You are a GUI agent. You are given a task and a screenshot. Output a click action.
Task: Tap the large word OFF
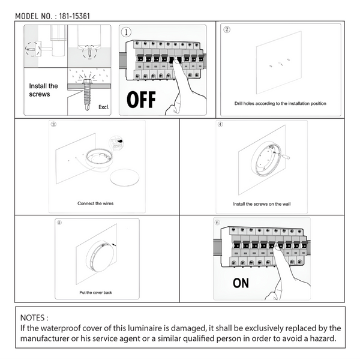pos(141,99)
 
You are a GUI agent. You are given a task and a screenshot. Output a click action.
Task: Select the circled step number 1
pos(126,32)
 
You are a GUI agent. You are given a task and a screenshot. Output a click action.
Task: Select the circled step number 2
pos(226,29)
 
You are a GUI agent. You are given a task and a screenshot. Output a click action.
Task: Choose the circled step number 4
pos(220,125)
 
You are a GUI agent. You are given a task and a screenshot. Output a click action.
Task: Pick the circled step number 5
pos(59,222)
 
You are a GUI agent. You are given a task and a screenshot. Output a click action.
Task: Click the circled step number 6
pos(217,222)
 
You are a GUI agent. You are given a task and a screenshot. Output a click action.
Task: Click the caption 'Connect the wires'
pos(95,203)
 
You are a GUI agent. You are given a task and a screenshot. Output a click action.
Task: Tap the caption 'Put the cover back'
pos(96,292)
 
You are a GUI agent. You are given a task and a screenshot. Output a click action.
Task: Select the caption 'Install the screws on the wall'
pos(262,204)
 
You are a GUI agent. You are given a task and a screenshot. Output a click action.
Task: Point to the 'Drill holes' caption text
pos(280,104)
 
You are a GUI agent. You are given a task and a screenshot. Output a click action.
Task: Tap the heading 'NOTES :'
pos(34,317)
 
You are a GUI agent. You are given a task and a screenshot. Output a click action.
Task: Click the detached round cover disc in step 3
pos(125,178)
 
